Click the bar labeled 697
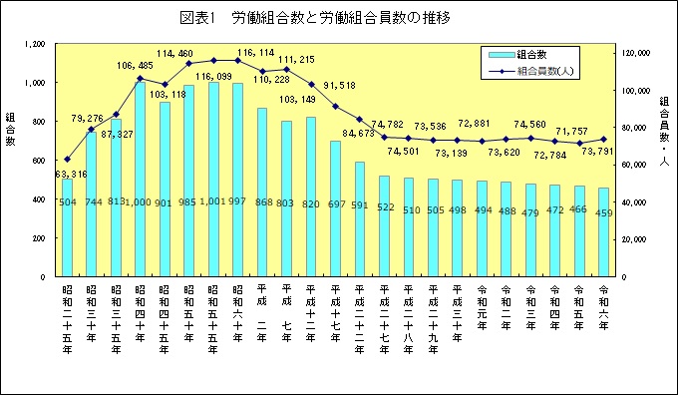click(x=335, y=208)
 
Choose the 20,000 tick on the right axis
click(x=634, y=239)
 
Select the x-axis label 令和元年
click(x=482, y=311)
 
